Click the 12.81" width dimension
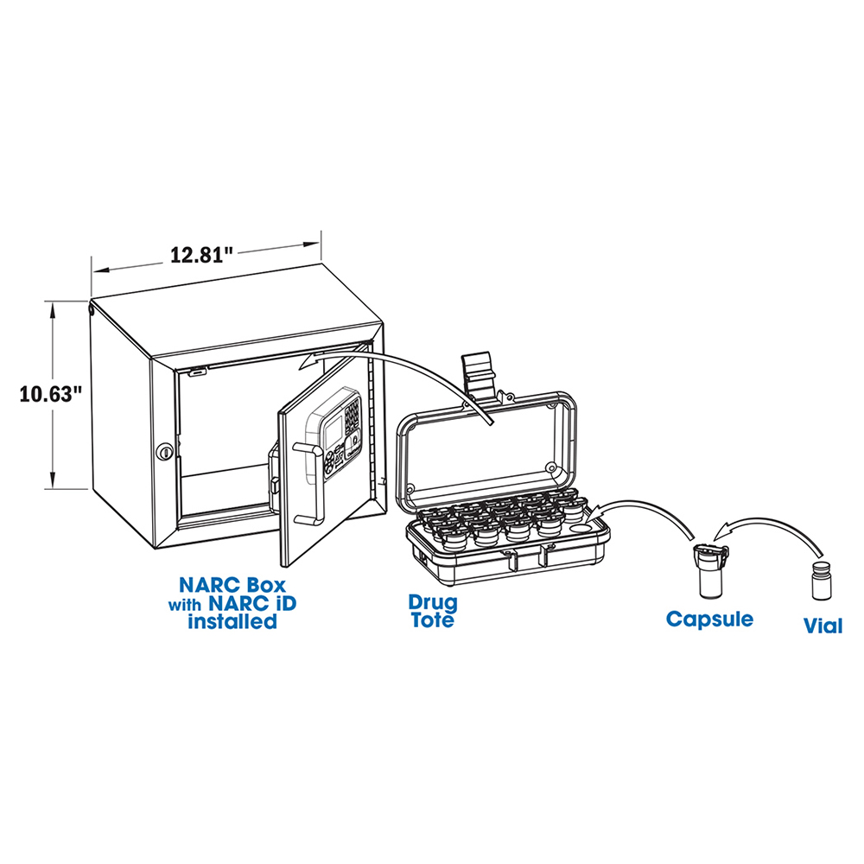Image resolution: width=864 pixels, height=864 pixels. [202, 255]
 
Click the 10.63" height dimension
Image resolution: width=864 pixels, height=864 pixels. [50, 394]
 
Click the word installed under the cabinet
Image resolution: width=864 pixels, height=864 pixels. [232, 621]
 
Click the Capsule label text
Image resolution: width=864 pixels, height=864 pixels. [709, 619]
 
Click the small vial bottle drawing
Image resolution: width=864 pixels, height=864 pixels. [822, 581]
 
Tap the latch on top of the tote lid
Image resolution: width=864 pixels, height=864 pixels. [479, 373]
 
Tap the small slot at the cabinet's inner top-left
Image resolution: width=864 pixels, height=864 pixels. [197, 373]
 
